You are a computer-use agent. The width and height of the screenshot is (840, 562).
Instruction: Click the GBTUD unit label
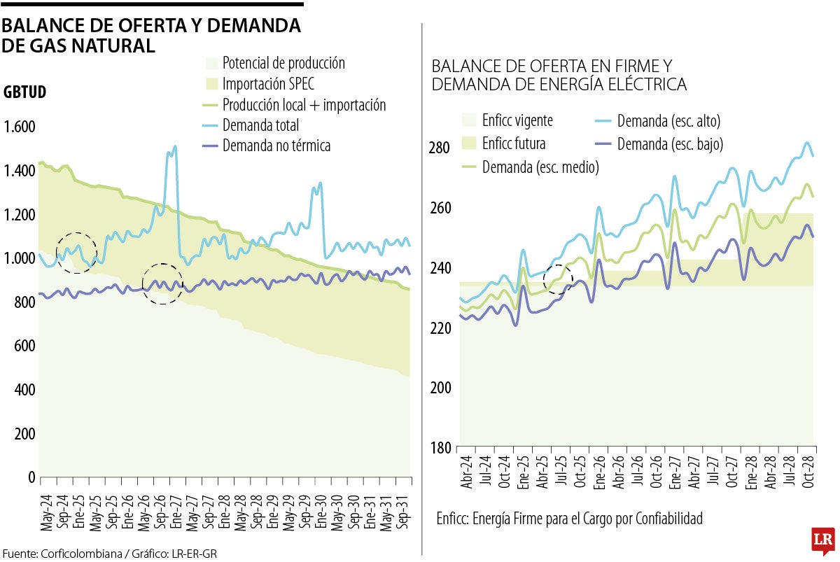(x=25, y=92)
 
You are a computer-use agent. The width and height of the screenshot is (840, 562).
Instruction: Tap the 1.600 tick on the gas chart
(x=20, y=127)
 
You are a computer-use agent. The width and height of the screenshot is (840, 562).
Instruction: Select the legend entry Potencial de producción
(x=283, y=63)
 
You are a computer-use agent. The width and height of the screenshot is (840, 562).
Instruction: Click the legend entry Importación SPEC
(x=268, y=84)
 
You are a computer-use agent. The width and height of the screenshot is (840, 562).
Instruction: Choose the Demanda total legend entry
(x=260, y=125)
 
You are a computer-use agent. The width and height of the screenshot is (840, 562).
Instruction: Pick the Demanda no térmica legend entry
(x=276, y=146)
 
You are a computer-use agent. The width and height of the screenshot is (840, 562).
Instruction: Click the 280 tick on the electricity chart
(x=441, y=148)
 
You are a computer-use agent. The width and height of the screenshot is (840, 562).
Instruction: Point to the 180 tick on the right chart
(x=441, y=448)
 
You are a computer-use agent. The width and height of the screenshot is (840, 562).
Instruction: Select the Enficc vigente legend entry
(x=517, y=120)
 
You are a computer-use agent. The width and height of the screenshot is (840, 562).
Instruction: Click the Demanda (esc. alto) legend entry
(x=668, y=121)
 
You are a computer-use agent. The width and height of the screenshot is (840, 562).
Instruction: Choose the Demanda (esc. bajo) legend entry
(x=670, y=144)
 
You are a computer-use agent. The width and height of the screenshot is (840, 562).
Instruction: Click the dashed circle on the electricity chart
(x=558, y=279)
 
